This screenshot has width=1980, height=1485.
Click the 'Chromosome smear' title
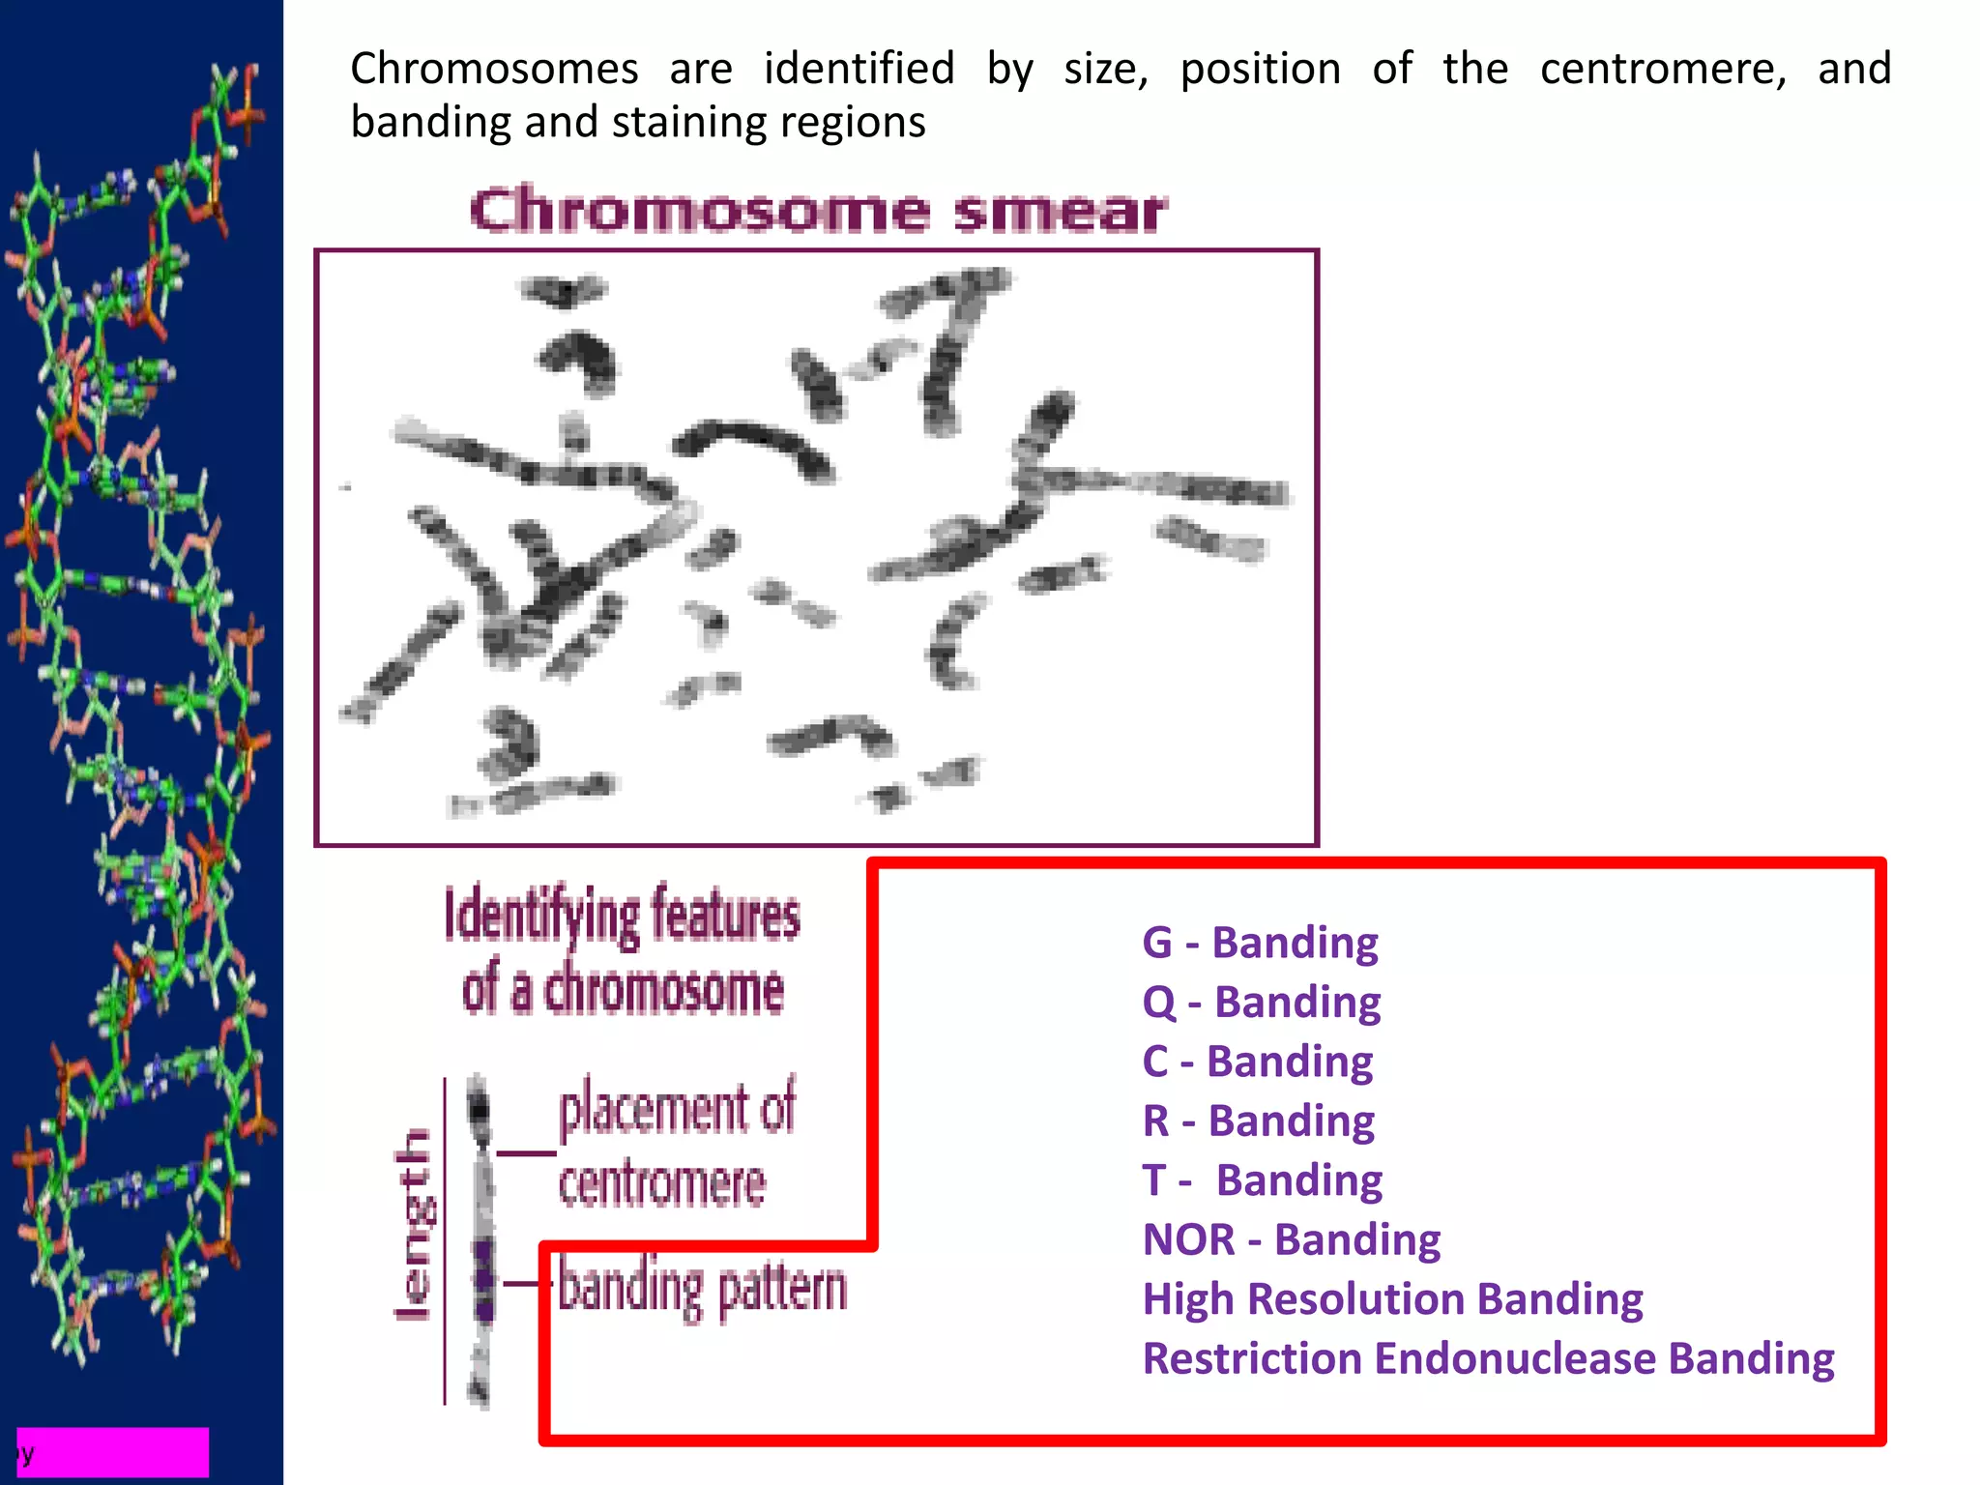pyautogui.click(x=818, y=211)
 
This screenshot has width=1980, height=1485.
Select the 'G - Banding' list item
pyautogui.click(x=1260, y=943)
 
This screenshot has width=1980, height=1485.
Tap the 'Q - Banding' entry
pyautogui.click(x=1261, y=1003)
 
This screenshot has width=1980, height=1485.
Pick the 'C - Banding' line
pyautogui.click(x=1257, y=1062)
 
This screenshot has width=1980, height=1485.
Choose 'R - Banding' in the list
pyautogui.click(x=1258, y=1121)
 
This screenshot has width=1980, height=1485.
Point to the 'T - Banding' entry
pyautogui.click(x=1262, y=1180)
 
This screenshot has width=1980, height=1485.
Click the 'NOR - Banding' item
pyautogui.click(x=1291, y=1240)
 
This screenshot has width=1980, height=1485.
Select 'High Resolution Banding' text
pyautogui.click(x=1392, y=1299)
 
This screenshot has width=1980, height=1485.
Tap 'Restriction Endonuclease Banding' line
pyautogui.click(x=1488, y=1359)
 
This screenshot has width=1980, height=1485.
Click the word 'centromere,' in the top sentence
pyautogui.click(x=1663, y=70)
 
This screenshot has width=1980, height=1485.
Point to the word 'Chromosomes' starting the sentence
pyautogui.click(x=494, y=70)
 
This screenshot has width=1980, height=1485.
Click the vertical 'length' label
pyautogui.click(x=415, y=1224)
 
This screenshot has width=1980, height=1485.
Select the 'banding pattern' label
pyautogui.click(x=702, y=1288)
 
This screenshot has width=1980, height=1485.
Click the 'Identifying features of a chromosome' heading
pyautogui.click(x=623, y=951)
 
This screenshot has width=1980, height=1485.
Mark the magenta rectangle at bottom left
pyautogui.click(x=113, y=1451)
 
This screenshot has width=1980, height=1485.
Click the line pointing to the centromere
pyautogui.click(x=527, y=1152)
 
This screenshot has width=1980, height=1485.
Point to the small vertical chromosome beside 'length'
pyautogui.click(x=480, y=1242)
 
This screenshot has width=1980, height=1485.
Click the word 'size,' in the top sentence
pyautogui.click(x=1106, y=70)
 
